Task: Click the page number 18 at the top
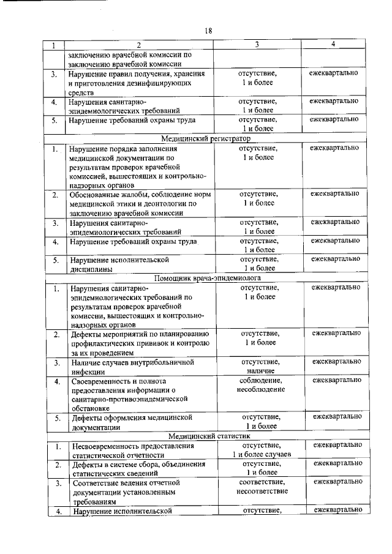pyautogui.click(x=208, y=31)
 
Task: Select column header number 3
pyautogui.click(x=257, y=45)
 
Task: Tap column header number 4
pyautogui.click(x=333, y=44)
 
